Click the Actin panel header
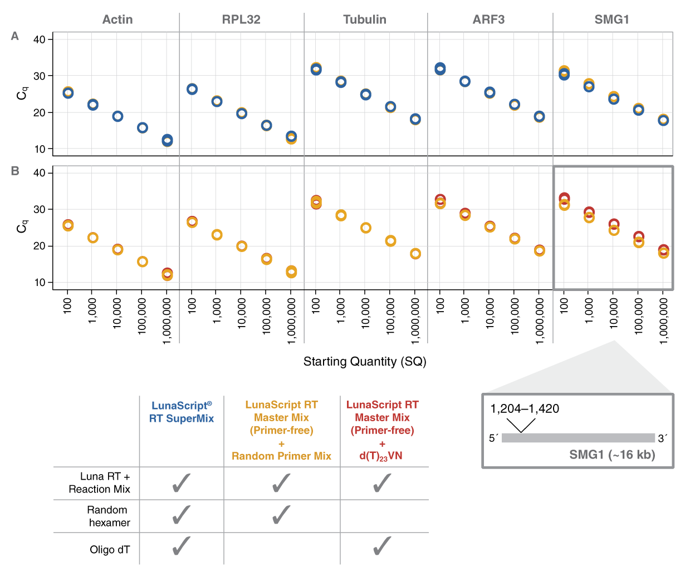coord(118,19)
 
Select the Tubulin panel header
coord(365,19)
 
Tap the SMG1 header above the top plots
coord(611,19)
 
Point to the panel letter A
coord(15,36)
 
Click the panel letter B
coord(15,171)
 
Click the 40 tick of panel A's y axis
coord(39,40)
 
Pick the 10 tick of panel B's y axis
coord(39,283)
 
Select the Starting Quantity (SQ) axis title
coord(365,362)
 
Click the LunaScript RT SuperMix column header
coord(182,412)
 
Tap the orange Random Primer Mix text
coord(281,456)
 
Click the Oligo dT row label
coord(110,550)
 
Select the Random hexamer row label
coord(109,516)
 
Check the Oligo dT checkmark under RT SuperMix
coord(182,546)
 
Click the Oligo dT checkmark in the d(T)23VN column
coord(382,546)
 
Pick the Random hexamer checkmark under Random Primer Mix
coord(281,515)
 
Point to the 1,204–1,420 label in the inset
coord(525,409)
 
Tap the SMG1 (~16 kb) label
coord(612,455)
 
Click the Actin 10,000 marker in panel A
coord(118,116)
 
